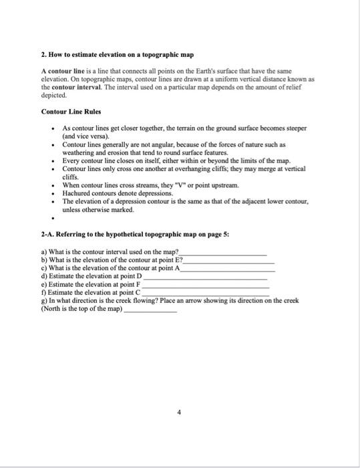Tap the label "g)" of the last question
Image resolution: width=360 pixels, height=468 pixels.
(44, 300)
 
